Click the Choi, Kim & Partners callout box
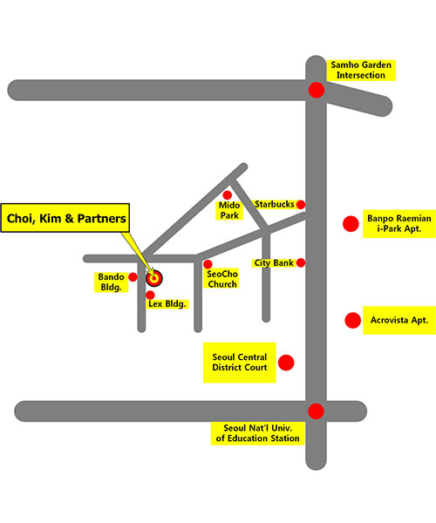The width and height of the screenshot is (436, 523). tap(65, 218)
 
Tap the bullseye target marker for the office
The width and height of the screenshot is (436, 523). tap(154, 278)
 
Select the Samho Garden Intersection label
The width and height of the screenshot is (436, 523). tap(361, 70)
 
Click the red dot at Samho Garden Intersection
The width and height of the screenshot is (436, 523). tap(317, 90)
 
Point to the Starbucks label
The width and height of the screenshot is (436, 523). tap(274, 204)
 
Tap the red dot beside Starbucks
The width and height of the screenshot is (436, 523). tap(301, 205)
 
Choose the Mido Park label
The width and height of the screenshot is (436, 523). tap(229, 210)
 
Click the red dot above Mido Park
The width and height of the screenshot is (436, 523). tap(228, 194)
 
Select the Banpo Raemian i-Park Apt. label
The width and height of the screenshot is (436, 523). tap(399, 223)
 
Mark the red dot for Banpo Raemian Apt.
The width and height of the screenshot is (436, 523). tap(351, 224)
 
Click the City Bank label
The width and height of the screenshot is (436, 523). tap(274, 263)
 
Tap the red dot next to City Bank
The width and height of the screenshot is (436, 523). tap(301, 263)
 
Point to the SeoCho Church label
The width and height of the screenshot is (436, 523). tap(221, 279)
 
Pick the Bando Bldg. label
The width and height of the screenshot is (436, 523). tap(111, 282)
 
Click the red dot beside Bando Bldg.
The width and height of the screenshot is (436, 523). tap(133, 277)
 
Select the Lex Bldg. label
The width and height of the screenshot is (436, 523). tap(167, 304)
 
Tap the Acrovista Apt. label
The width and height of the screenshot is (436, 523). tap(399, 320)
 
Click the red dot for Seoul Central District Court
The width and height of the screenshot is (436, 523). tap(286, 363)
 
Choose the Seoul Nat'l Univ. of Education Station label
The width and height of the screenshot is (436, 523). tap(257, 433)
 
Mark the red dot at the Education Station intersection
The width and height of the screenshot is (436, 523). tap(316, 411)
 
